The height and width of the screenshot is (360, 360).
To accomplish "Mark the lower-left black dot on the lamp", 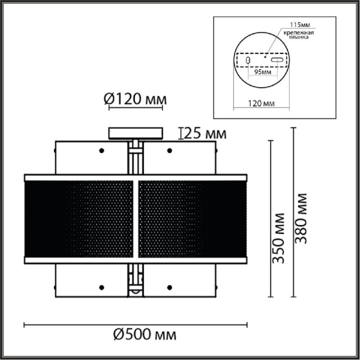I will pos(101,287).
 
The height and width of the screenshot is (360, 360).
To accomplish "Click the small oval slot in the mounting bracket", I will pos(247,61).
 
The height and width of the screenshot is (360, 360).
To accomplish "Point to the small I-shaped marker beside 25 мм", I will pos(182,133).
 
